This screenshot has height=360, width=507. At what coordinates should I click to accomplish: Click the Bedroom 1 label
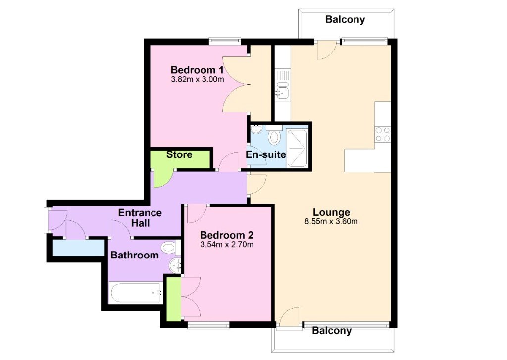[x=197, y=69]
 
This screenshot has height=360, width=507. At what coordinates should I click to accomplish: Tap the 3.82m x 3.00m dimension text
[x=197, y=79]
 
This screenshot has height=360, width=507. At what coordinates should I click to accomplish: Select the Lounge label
[x=331, y=212]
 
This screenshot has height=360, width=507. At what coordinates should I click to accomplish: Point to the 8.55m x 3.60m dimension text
[x=331, y=221]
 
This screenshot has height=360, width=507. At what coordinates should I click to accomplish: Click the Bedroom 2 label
[x=227, y=235]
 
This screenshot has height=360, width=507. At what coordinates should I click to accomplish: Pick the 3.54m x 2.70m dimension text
[x=227, y=244]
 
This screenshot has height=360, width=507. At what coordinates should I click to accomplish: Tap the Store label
[x=179, y=154]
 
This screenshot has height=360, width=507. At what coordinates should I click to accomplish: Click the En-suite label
[x=266, y=154]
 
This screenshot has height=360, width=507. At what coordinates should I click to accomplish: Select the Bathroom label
[x=135, y=255]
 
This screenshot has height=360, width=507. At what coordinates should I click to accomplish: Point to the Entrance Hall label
[x=140, y=218]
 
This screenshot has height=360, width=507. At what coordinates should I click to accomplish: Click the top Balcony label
[x=345, y=19]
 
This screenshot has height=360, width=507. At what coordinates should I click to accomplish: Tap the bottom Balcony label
[x=331, y=331]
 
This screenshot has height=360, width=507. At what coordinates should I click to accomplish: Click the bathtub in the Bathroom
[x=136, y=293]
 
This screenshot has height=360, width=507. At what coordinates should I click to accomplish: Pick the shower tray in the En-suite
[x=297, y=148]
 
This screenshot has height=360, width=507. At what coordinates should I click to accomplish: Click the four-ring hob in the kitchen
[x=383, y=134]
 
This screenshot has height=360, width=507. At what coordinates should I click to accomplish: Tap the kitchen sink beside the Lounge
[x=283, y=90]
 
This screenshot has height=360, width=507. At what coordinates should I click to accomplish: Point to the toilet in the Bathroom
[x=170, y=248]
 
